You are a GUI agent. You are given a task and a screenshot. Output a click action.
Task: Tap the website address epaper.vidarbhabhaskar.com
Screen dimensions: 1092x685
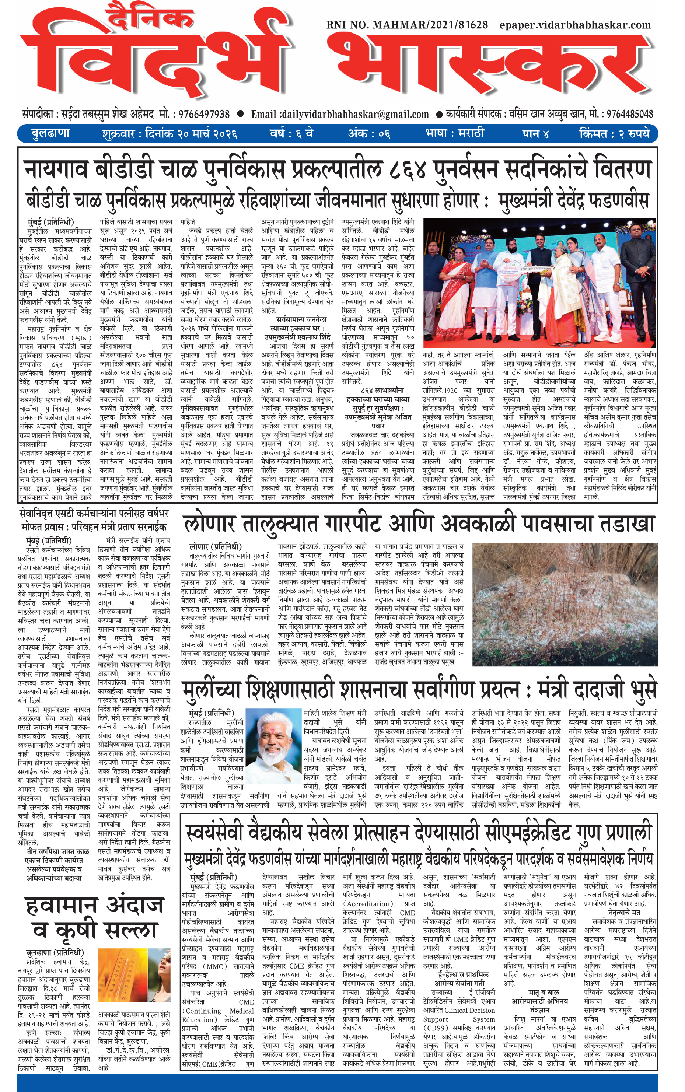click(575, 25)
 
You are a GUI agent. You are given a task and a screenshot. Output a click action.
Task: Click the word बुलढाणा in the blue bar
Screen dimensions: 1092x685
click(51, 134)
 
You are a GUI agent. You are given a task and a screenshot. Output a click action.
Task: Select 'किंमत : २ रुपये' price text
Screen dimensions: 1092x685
click(614, 134)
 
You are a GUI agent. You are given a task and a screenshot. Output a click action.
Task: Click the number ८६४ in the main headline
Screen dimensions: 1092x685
click(408, 169)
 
